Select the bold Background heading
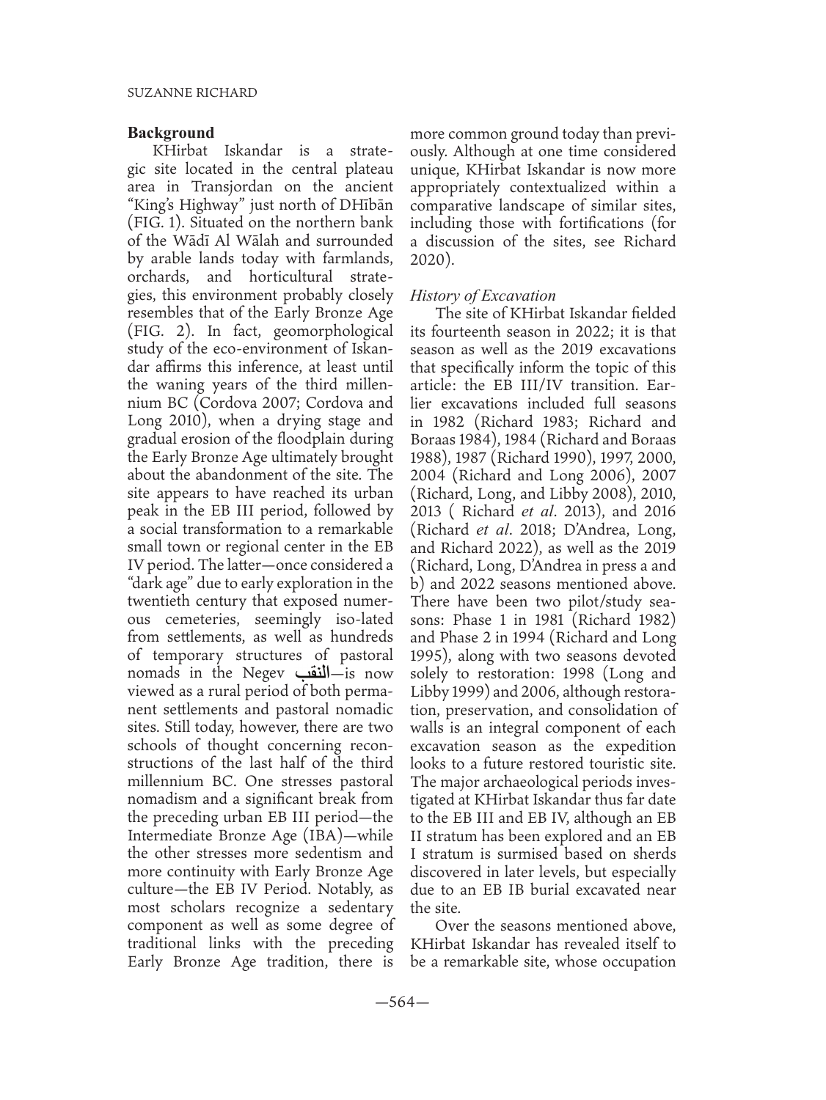pyautogui.click(x=171, y=133)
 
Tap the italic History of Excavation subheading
pyautogui.click(x=483, y=296)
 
